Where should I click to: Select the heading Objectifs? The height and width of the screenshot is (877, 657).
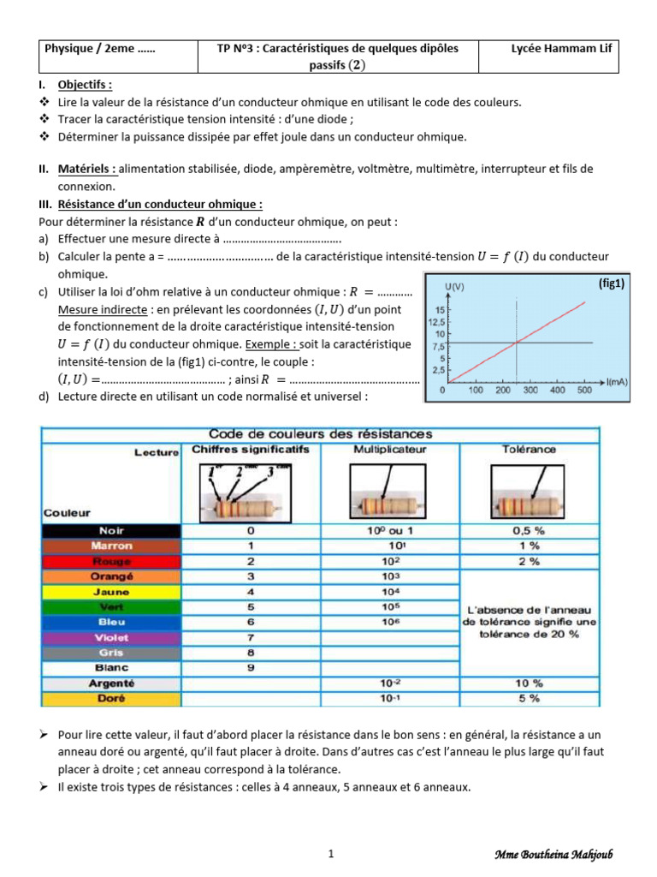[x=85, y=85]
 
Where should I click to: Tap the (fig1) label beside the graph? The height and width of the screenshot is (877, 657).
[x=611, y=283]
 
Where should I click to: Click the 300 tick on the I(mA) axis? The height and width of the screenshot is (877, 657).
[x=530, y=390]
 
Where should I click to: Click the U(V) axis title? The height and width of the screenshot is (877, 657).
[x=456, y=284]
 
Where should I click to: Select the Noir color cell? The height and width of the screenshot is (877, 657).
[x=111, y=531]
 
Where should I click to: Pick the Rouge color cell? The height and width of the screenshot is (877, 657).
[x=111, y=561]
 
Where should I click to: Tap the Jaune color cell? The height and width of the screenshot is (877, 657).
[x=111, y=592]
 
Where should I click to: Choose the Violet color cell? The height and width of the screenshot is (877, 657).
[x=111, y=637]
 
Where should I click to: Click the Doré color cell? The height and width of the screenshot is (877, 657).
[x=111, y=699]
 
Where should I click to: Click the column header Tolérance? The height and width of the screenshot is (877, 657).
[x=528, y=450]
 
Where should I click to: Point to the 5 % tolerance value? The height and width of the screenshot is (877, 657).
[x=528, y=699]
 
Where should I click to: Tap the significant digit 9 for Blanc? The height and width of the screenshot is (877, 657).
[x=251, y=667]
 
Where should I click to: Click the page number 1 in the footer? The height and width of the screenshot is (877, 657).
[x=330, y=854]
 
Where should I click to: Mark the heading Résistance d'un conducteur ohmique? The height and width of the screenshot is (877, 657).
[x=160, y=204]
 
